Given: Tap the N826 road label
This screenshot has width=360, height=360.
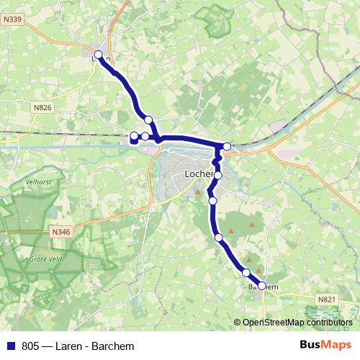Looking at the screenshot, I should tap(43, 107).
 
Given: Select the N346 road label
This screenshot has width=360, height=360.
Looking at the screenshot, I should tap(61, 232).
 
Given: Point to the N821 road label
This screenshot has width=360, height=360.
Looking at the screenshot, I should tap(327, 298).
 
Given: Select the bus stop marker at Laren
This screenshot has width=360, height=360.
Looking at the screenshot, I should tap(99, 54).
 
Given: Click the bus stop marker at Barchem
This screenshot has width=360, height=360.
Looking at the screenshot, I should tap(262, 285).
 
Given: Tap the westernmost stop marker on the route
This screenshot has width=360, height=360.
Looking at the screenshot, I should tap(133, 135).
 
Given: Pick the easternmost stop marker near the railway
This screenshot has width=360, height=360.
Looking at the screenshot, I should tap(227, 147).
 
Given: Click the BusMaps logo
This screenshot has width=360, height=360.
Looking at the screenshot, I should tap(325, 345).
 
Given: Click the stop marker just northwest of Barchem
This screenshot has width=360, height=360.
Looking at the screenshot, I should tap(246, 272).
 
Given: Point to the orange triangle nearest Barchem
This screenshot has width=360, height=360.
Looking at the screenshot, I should tap(249, 261).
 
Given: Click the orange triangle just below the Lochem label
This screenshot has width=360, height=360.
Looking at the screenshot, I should tap(199, 192).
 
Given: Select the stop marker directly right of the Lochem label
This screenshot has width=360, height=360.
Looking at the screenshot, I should tap(218, 175).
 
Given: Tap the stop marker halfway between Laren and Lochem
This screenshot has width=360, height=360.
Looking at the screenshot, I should tap(148, 120).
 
